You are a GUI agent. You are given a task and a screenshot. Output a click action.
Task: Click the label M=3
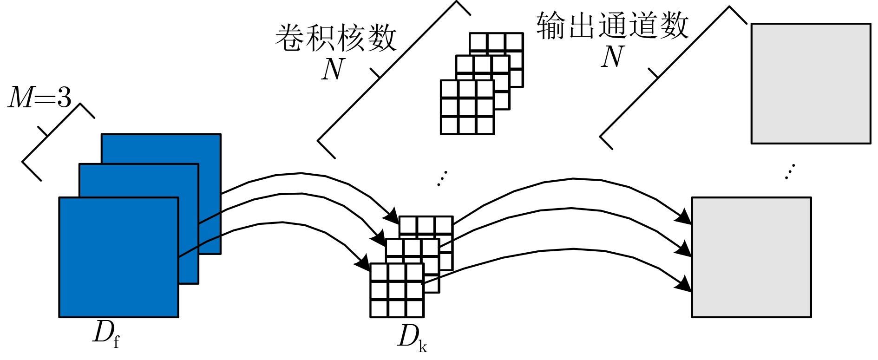click(40, 98)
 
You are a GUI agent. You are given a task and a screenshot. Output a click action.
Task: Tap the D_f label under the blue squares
click(106, 334)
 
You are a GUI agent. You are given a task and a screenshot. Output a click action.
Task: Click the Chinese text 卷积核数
click(336, 38)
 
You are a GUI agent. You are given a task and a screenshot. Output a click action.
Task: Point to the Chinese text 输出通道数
click(612, 25)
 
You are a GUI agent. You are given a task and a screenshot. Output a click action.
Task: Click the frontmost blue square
click(118, 257)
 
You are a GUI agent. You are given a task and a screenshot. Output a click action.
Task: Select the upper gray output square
click(811, 84)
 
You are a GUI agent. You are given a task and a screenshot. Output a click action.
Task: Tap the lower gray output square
click(751, 257)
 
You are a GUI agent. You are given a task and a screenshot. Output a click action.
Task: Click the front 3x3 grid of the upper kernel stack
click(467, 107)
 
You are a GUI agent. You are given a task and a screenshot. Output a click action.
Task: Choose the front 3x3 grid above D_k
click(397, 290)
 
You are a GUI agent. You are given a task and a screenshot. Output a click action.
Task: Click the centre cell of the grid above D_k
click(397, 290)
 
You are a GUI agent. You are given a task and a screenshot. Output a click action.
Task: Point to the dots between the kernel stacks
click(442, 178)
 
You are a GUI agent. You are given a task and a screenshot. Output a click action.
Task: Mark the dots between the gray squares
click(790, 171)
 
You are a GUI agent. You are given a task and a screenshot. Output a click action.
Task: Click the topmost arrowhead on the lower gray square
click(684, 216)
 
